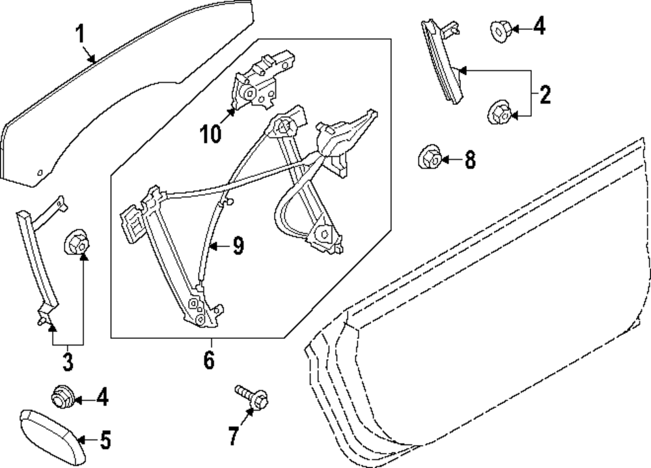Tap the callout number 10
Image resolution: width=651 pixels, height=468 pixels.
tap(211, 134)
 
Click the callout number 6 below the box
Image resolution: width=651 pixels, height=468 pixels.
tap(208, 359)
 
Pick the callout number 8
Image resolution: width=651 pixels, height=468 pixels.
tap(469, 159)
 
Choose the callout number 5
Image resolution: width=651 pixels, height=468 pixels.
tap(105, 441)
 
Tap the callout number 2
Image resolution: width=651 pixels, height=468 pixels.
tap(544, 96)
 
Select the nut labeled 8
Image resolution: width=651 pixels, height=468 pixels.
tap(427, 157)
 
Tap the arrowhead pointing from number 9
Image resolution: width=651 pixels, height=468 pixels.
tap(215, 246)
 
